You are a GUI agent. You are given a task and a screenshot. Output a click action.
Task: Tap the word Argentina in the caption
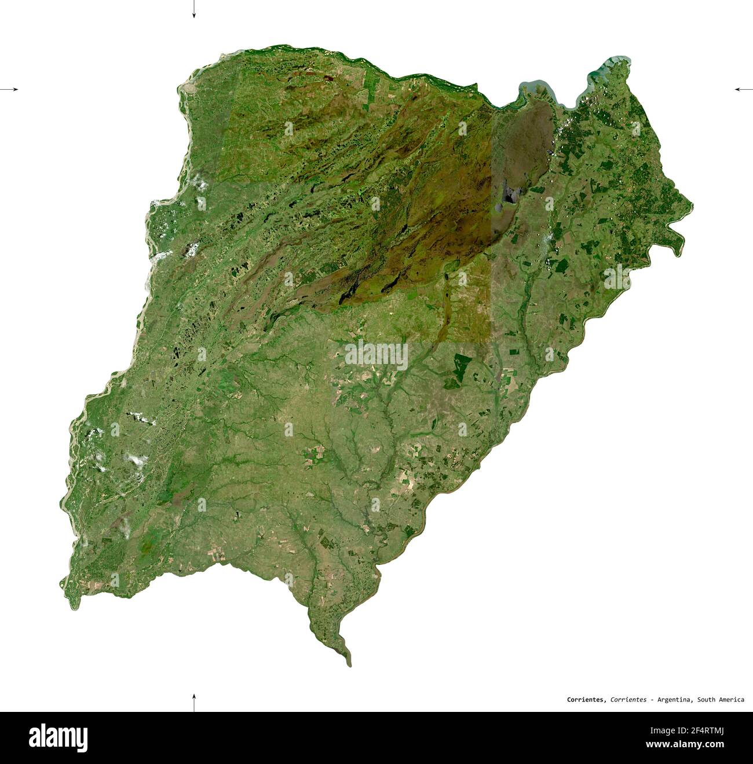pyautogui.click(x=674, y=700)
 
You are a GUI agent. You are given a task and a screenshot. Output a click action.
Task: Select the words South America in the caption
pyautogui.click(x=721, y=700)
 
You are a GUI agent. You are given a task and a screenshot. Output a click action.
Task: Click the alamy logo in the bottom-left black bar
pyautogui.click(x=59, y=737)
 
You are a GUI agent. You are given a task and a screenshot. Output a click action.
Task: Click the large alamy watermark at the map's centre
pyautogui.click(x=376, y=355)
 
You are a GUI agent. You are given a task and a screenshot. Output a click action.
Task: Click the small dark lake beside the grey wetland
pyautogui.click(x=509, y=196)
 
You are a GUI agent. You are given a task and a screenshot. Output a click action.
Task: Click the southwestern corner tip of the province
pyautogui.click(x=74, y=605)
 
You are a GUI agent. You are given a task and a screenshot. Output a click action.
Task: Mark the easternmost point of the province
pyautogui.click(x=691, y=204)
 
